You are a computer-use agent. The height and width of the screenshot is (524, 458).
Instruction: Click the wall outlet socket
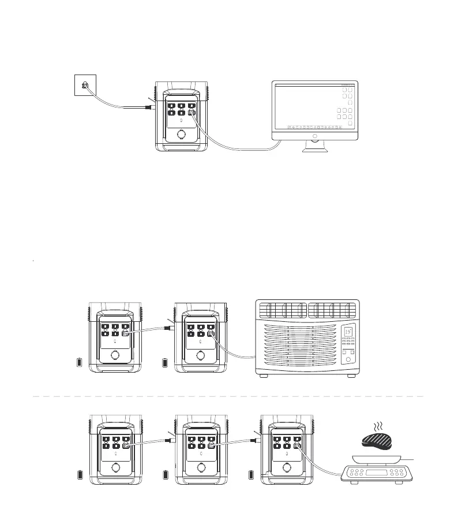tap(85, 86)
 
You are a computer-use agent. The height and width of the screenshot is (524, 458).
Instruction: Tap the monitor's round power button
tap(315, 136)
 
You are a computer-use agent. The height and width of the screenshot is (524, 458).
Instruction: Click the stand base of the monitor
tap(316, 150)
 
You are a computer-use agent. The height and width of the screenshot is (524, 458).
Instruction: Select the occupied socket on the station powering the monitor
tap(192, 113)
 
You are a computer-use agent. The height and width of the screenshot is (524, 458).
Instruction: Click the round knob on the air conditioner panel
tap(348, 359)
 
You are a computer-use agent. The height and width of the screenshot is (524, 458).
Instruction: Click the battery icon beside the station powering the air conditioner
tap(167, 363)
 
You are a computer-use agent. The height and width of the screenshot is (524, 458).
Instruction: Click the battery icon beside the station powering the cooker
tap(251, 475)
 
